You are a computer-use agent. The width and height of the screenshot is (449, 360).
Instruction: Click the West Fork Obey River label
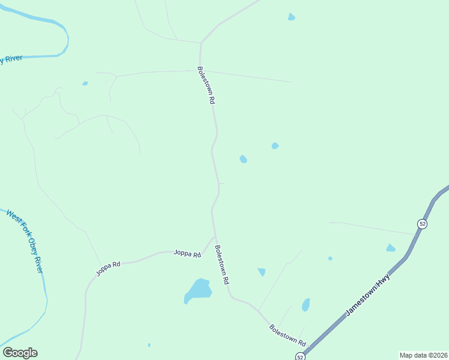(x=25, y=241)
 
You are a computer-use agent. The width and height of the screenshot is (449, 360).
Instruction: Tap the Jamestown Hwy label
(x=368, y=296)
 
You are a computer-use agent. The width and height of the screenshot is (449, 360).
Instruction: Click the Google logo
(x=20, y=353)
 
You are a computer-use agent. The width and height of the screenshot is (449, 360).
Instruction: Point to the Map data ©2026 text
(x=423, y=355)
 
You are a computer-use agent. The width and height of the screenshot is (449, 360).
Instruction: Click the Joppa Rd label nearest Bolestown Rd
(x=187, y=254)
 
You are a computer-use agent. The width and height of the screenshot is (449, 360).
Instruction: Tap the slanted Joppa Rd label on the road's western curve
(x=108, y=268)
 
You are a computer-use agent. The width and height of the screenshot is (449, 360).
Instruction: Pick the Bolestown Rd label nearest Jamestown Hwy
(x=288, y=335)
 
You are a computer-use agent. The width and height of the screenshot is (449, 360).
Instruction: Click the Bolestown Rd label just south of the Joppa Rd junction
(x=222, y=264)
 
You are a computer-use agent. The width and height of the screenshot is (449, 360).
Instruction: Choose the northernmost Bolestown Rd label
(x=206, y=86)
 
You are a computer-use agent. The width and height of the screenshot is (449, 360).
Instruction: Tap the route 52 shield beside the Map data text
(x=300, y=356)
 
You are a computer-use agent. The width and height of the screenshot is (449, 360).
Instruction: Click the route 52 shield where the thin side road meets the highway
(x=423, y=224)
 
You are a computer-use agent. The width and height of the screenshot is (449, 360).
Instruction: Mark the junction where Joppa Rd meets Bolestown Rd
(x=214, y=238)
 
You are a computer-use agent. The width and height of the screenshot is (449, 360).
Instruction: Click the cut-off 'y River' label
(x=12, y=59)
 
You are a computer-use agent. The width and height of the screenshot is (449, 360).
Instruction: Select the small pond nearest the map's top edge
(x=291, y=17)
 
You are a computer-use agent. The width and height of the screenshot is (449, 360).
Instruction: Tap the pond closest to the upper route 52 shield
(x=391, y=248)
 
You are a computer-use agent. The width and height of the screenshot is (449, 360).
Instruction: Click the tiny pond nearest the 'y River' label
(x=85, y=83)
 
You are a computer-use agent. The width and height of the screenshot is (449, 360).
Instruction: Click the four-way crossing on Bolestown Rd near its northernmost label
(x=201, y=71)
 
